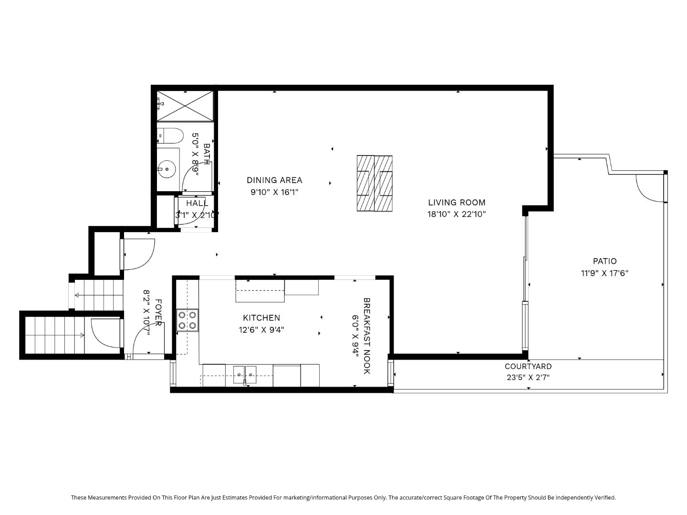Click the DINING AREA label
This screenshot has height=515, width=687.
point(274,180)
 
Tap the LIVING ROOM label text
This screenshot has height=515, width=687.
point(457,202)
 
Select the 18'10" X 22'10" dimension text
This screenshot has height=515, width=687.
point(457,214)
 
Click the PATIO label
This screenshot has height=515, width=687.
point(604,261)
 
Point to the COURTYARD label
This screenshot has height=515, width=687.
point(528,366)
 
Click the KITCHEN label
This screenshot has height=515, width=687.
point(261,318)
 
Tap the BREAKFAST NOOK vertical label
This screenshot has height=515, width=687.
point(366,336)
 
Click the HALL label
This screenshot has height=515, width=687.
point(197,203)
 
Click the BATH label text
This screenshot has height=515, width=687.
point(207,154)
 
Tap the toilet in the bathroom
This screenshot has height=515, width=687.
point(171,136)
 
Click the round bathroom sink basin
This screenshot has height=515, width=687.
point(167,169)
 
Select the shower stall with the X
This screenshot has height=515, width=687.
point(185,105)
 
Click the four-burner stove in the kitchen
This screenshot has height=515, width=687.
point(187,320)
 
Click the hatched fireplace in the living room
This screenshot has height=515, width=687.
point(375,183)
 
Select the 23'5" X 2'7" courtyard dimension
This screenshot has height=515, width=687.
point(528,378)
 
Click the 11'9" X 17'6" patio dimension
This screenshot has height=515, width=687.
point(604,273)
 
